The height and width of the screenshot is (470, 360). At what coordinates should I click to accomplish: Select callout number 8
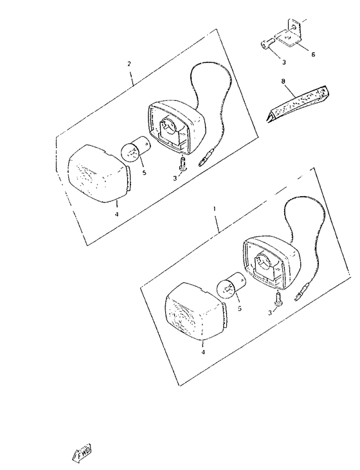(x=283, y=81)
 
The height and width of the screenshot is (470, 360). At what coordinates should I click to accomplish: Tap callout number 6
(x=313, y=54)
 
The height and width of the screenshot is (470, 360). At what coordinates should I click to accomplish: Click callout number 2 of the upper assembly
(x=129, y=64)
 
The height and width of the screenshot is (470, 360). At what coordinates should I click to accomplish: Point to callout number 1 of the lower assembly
(x=214, y=208)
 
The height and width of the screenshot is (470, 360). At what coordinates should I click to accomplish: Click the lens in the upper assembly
(x=100, y=173)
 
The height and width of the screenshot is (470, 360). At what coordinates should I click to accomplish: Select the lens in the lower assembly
(x=196, y=312)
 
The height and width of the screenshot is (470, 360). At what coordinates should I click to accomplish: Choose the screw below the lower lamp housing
(x=278, y=300)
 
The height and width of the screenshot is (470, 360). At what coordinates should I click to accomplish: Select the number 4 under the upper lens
(x=117, y=214)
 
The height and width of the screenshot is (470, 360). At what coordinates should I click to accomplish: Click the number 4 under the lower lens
(x=203, y=352)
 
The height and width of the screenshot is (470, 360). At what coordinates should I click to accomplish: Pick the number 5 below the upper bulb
(x=144, y=173)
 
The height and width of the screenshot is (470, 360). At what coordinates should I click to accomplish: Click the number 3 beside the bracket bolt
(x=284, y=62)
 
